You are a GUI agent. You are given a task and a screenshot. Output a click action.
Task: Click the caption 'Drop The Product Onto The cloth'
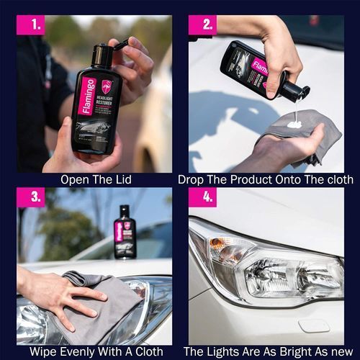point(266,179)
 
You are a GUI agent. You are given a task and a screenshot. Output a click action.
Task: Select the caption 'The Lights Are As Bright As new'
point(266,351)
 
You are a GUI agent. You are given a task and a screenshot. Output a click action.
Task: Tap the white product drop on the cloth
point(295,123)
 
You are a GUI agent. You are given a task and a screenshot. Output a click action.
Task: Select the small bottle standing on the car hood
point(125,230)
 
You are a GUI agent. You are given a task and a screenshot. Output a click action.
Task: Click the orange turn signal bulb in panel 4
point(228,252)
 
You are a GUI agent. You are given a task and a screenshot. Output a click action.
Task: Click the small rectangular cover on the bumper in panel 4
point(315,325)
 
